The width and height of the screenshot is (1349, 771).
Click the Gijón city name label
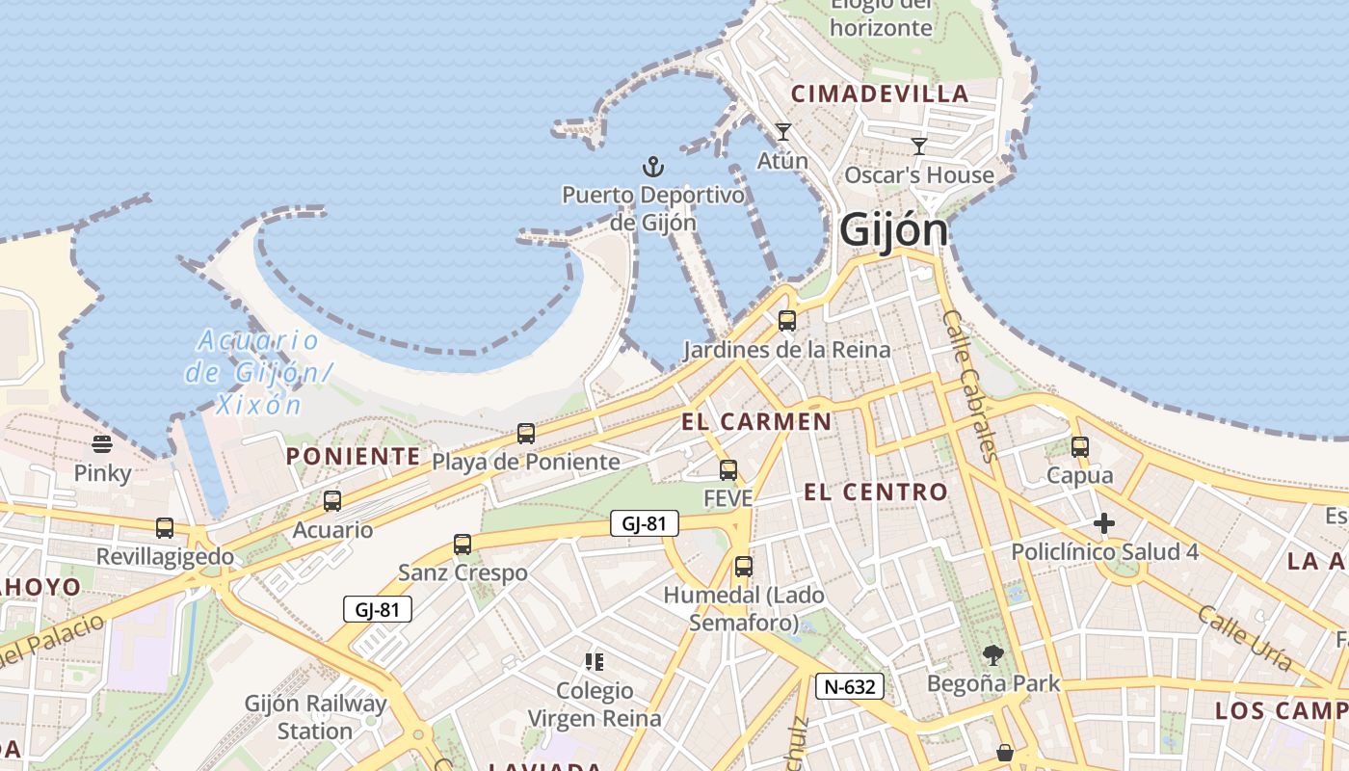pos(893,229)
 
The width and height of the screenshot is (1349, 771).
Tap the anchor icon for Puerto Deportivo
pos(653,168)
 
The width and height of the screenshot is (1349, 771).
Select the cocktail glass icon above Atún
pos(782,132)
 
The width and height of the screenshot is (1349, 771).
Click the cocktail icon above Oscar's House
pos(919,146)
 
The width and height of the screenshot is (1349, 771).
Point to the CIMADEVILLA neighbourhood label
pos(880,93)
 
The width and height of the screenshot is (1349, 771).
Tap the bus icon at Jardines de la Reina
pos(787,321)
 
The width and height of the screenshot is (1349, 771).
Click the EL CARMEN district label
pos(756,421)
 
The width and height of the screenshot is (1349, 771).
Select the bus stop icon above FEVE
pos(728,470)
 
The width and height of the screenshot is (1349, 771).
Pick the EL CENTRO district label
pos(876,492)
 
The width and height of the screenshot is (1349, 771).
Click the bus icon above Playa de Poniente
pos(525,434)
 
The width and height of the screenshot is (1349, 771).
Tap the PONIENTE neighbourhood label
pos(354,456)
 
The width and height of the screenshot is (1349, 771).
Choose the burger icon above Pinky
pos(102,444)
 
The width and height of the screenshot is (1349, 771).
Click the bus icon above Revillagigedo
pos(165,528)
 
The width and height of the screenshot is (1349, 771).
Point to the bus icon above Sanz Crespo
pos(463,545)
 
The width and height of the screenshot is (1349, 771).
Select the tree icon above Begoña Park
pos(992,656)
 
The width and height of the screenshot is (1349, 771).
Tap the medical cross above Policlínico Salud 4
pos(1104,523)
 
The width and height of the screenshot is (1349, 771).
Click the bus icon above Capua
pos(1080,447)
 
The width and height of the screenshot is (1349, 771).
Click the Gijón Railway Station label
pos(315,717)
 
